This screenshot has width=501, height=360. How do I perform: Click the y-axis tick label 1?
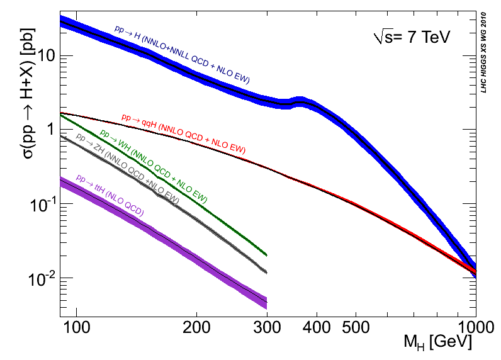point(50,130)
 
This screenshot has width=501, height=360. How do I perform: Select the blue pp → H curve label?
point(182,55)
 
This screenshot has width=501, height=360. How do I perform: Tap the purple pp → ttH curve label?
point(110,196)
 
